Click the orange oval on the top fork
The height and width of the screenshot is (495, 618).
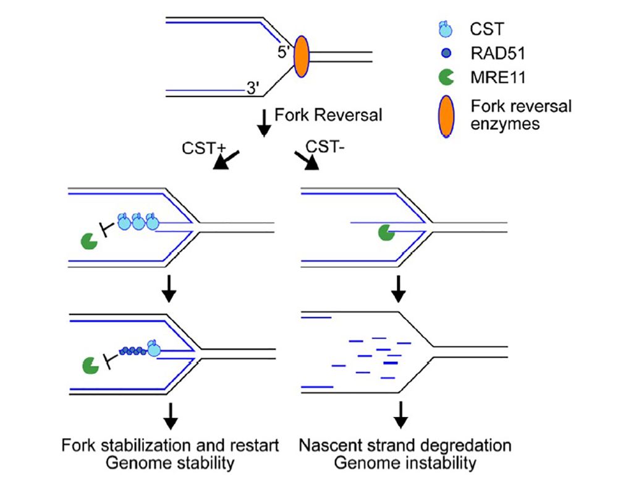coord(300,56)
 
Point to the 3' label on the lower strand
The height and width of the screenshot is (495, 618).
coord(252,89)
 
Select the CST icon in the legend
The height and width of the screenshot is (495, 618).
coord(444,28)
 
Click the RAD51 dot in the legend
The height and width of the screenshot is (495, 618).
coord(445,53)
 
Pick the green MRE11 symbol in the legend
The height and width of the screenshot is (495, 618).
coord(444,77)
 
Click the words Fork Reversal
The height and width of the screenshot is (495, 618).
coord(328,114)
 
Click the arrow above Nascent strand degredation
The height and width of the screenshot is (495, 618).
coord(401,415)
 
